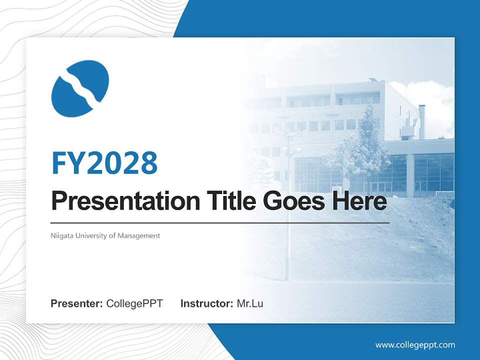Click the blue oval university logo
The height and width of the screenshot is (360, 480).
(80, 88)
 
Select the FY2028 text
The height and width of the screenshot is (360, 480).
(104, 163)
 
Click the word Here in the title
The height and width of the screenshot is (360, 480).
(359, 201)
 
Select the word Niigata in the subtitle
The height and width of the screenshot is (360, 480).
(61, 235)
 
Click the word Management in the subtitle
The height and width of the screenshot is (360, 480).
(139, 235)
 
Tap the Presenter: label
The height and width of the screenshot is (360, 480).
(77, 303)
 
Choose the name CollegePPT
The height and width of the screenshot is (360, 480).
(134, 303)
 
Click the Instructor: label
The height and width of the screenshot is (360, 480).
(206, 303)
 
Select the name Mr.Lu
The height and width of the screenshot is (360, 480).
(250, 303)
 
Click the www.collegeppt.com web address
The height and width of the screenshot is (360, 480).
(415, 345)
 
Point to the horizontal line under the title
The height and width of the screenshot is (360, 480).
(220, 222)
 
